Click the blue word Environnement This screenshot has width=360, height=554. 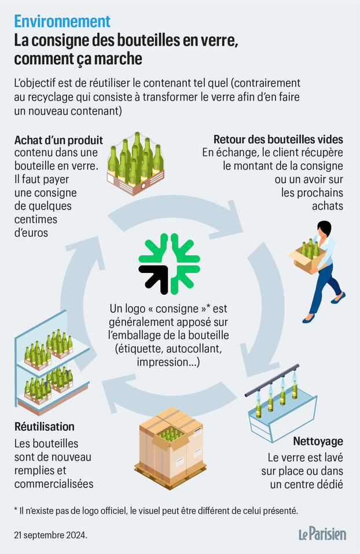[63, 21]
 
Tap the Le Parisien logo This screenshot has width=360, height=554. [322, 534]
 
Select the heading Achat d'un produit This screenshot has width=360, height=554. [58, 141]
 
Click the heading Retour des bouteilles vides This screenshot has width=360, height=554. [278, 139]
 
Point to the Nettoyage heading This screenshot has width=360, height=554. [318, 441]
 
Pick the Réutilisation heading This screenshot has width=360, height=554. [44, 426]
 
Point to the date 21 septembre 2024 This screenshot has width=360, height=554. [50, 535]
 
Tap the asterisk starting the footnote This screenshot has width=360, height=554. [16, 510]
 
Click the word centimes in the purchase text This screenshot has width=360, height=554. [36, 219]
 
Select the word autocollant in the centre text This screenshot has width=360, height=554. [194, 349]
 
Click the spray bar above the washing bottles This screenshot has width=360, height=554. [272, 380]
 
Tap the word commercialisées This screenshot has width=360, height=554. [54, 483]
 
